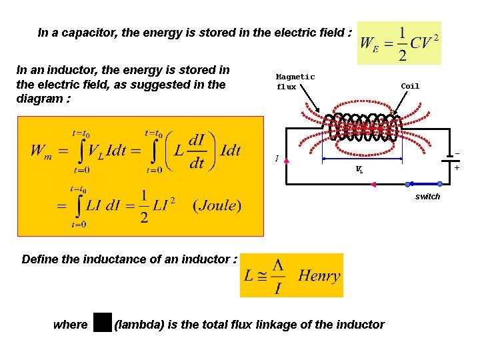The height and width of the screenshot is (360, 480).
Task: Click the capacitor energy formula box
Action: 399,43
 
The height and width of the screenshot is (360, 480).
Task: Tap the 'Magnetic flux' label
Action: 295,82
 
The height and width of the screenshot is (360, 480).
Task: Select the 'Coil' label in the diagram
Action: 410,86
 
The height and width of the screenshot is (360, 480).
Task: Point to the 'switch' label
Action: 427,197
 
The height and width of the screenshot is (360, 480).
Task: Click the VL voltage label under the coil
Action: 359,170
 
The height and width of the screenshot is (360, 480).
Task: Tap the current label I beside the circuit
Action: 277,159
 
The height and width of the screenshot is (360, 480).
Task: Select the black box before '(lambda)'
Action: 102,323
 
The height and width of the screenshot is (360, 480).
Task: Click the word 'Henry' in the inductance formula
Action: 319,275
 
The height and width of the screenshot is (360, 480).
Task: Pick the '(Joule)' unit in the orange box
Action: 217,205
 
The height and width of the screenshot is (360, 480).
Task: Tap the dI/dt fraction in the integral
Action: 197,152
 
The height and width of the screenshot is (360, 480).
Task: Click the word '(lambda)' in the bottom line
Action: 139,325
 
